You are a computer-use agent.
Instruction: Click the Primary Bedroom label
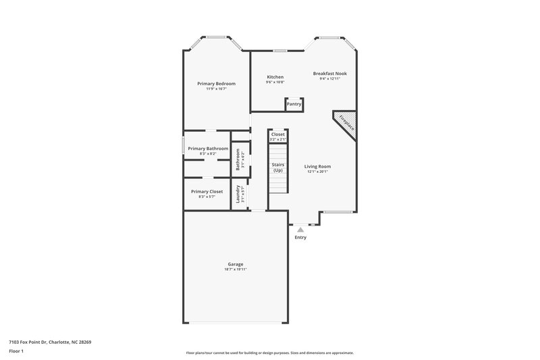pyautogui.click(x=216, y=84)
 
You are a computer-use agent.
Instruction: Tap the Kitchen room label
pyautogui.click(x=275, y=77)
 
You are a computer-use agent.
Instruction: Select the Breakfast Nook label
pyautogui.click(x=329, y=73)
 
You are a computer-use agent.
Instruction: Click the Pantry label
pyautogui.click(x=294, y=104)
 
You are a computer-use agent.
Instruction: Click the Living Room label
pyautogui.click(x=317, y=166)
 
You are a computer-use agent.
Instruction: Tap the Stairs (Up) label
pyautogui.click(x=277, y=168)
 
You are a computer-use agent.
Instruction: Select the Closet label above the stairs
pyautogui.click(x=277, y=134)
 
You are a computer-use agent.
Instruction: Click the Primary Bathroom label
pyautogui.click(x=208, y=149)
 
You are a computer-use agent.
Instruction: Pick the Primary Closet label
pyautogui.click(x=207, y=191)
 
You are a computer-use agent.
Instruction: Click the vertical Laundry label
pyautogui.click(x=238, y=194)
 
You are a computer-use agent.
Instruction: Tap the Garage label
pyautogui.click(x=235, y=264)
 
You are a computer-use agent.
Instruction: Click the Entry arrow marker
pyautogui.click(x=300, y=230)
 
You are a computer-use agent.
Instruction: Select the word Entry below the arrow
pyautogui.click(x=300, y=238)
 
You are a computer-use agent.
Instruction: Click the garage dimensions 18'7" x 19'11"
pyautogui.click(x=235, y=269)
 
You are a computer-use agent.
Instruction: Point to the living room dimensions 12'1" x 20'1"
pyautogui.click(x=317, y=172)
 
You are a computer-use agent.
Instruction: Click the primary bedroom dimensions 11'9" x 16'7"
pyautogui.click(x=216, y=89)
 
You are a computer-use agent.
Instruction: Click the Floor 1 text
pyautogui.click(x=17, y=352)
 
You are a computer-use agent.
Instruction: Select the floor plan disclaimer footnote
pyautogui.click(x=269, y=353)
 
